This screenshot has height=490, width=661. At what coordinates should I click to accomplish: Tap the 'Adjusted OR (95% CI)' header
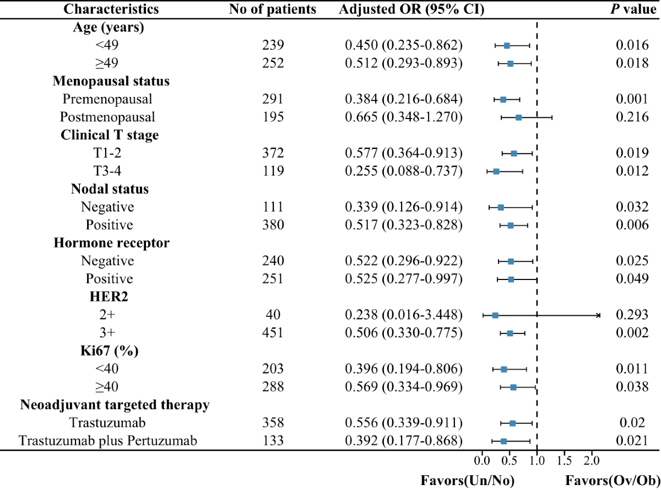tap(411, 9)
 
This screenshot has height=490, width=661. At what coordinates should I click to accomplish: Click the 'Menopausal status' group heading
tap(111, 81)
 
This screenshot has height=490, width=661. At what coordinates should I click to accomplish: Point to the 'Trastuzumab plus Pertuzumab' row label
tap(107, 440)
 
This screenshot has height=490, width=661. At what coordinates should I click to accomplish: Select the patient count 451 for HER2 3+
tap(273, 333)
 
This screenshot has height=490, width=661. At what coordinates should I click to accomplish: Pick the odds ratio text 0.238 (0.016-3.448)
tap(404, 315)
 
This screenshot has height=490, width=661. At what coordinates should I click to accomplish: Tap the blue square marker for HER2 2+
tap(495, 315)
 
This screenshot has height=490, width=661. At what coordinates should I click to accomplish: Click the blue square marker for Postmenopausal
tap(518, 117)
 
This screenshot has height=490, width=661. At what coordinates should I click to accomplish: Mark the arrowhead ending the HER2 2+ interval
tap(599, 315)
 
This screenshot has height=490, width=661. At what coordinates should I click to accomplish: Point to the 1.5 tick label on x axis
tap(564, 460)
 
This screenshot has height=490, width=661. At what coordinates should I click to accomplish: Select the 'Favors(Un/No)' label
tap(467, 481)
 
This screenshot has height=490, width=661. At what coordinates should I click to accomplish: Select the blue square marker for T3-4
tap(496, 171)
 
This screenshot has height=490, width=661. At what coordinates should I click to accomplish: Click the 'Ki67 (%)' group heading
tap(111, 351)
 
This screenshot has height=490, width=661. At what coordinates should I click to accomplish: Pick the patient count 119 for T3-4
tap(273, 171)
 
